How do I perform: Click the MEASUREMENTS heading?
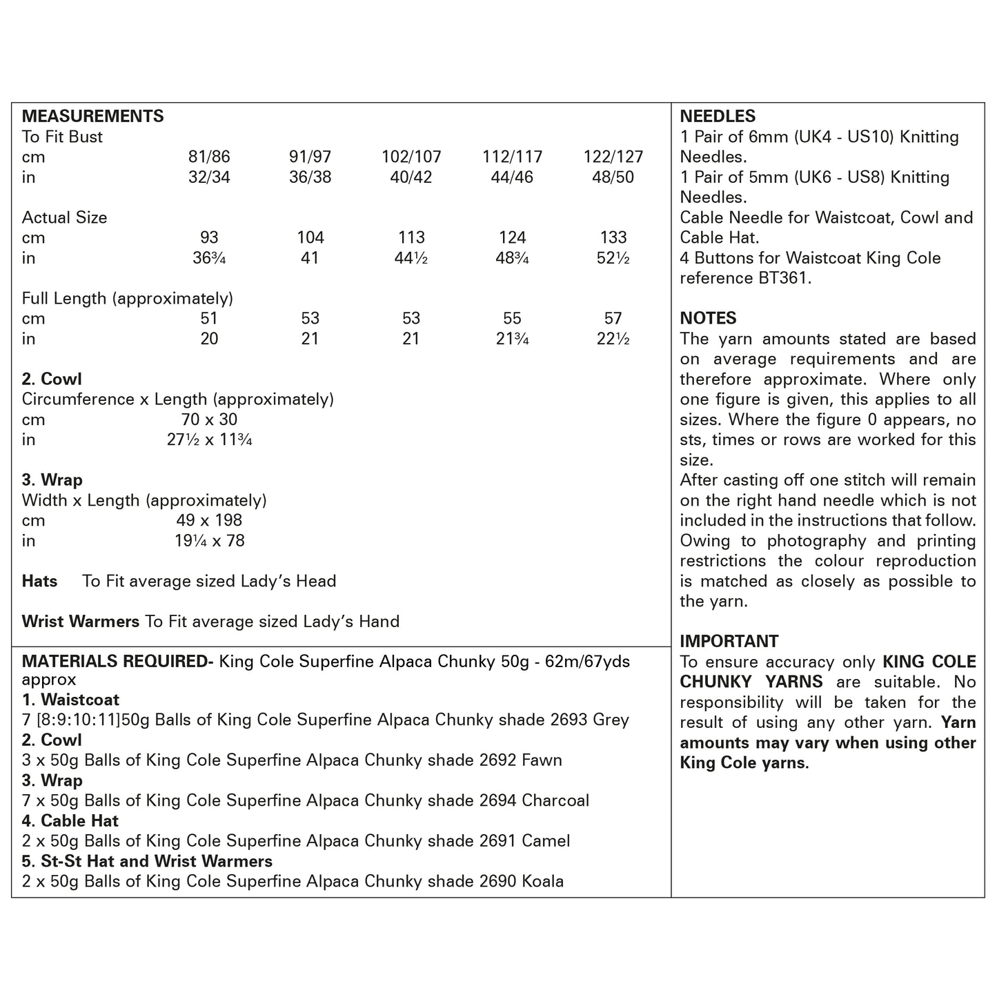92,116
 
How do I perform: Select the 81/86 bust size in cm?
209,157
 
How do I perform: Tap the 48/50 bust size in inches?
613,177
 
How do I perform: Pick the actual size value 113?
411,237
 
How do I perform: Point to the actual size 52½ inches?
613,258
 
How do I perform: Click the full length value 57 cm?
613,318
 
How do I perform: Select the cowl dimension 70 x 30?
207,419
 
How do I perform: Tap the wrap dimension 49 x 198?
209,520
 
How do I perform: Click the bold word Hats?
39,581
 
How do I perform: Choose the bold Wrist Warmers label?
81,622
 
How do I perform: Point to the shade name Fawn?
542,760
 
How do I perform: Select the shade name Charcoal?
555,800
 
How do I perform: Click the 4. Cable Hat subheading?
70,821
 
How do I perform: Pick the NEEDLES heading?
718,117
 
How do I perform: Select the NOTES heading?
708,318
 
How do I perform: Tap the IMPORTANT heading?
729,641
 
